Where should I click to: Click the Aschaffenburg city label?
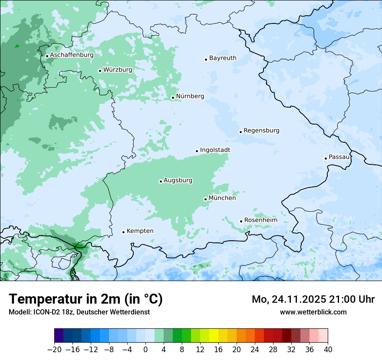point(72,55)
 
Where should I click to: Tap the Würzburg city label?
point(118,70)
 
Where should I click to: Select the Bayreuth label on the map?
point(223,58)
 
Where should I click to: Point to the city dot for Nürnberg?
point(173,98)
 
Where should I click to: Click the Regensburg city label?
point(261,131)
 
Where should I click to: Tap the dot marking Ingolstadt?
point(197,151)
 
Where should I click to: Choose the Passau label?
point(339,157)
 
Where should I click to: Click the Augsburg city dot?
point(161,181)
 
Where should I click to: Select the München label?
point(222,198)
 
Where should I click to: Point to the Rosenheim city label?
point(260,220)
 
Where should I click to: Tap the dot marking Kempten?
point(123,232)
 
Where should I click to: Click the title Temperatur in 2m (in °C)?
point(86,299)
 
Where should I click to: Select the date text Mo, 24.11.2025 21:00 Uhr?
point(313,299)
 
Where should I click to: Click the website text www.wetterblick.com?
point(313,312)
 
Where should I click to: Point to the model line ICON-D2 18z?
point(79,312)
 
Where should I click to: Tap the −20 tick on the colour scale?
point(54,349)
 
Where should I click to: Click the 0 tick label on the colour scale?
point(145,349)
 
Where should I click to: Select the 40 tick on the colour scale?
point(328,349)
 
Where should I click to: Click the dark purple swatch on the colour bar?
point(59,336)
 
